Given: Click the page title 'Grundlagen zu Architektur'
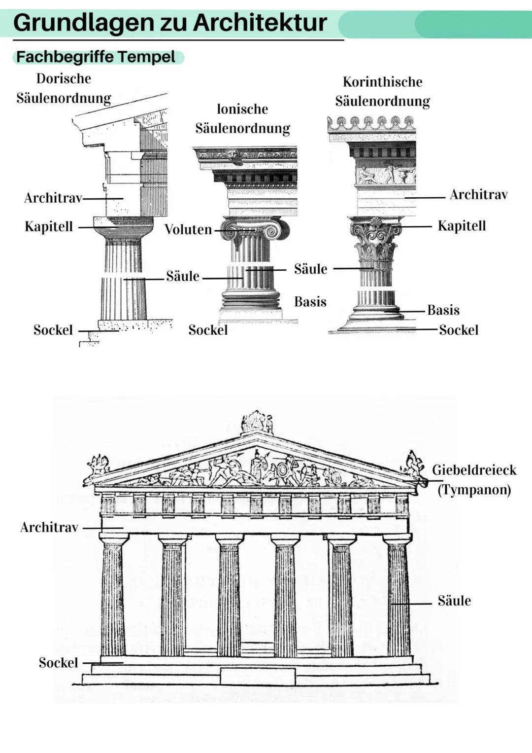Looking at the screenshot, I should coord(170,23).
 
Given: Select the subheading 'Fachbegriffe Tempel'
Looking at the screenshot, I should coord(96,57).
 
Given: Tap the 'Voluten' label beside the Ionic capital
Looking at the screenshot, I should coord(188,229).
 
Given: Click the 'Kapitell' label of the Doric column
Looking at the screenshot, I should coord(49,227).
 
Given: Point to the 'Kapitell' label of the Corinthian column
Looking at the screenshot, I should coord(462,226).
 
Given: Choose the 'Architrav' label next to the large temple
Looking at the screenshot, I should coord(49,528).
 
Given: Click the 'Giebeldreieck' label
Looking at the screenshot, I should coord(474,470).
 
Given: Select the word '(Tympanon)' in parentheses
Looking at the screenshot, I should coord(474,490).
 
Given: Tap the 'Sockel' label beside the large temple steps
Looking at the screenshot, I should coord(58,663).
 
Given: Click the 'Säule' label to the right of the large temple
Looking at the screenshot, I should coord(454,601).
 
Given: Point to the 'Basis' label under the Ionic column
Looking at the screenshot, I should coord(310,302).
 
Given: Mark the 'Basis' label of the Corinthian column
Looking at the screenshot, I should coord(443,310).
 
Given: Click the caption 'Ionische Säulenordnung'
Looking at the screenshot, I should coord(242,118).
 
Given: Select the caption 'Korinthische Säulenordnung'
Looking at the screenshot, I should coord(382,91).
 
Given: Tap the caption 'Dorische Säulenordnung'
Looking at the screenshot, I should coord(64,88).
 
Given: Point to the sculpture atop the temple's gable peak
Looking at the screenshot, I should coord(257,422).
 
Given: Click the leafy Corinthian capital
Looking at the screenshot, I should coord(375,239).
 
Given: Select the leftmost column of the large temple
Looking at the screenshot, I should coord(113,597).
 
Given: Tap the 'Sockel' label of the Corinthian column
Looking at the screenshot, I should coord(459,330).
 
